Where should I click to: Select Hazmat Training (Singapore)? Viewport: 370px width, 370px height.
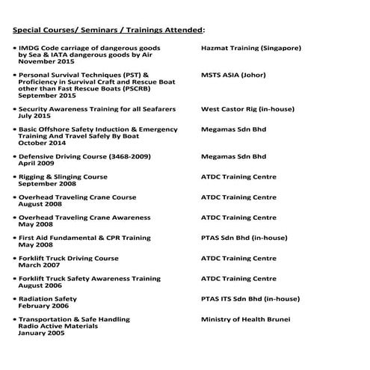pyautogui.click(x=251, y=48)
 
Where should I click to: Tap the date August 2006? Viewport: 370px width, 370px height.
pyautogui.click(x=41, y=285)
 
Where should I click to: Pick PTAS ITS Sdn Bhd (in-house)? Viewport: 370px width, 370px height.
pyautogui.click(x=249, y=299)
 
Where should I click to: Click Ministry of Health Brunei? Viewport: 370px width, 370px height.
pyautogui.click(x=246, y=319)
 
